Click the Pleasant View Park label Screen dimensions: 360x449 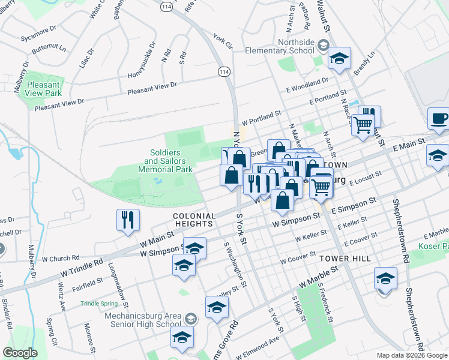pos(44,89)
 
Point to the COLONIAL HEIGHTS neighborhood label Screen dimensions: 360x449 pos(194,220)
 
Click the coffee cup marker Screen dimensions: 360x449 pos(439,118)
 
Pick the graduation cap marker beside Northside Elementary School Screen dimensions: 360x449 pos(339,59)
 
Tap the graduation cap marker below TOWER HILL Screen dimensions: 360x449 pos(385,278)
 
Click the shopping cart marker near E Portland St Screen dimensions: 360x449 pos(362,126)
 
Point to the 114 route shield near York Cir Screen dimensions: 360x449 pos(224,71)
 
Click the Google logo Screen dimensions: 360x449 pos(19,353)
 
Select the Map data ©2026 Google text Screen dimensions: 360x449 pos(411,355)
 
